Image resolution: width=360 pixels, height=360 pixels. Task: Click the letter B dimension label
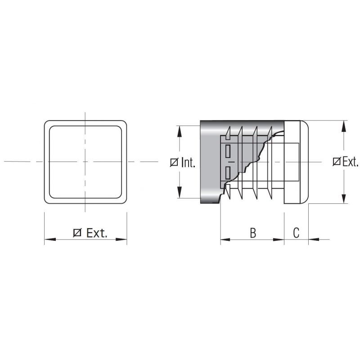coord(253,233)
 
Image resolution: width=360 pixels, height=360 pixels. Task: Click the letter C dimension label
coord(296,233)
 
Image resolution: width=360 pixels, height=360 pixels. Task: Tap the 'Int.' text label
coord(188,162)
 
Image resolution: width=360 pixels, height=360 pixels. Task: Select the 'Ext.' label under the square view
coord(97,233)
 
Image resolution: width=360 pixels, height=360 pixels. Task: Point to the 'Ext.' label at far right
coord(351,162)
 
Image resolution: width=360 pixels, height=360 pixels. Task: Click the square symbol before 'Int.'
coord(174,162)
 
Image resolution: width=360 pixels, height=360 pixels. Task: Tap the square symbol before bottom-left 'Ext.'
coord(77,233)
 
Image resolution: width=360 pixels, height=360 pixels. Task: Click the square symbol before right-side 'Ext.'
coord(337,162)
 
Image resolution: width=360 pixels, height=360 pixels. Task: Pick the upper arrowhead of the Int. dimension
coord(179,131)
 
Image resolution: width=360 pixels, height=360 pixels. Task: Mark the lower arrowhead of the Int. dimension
coord(179,193)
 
